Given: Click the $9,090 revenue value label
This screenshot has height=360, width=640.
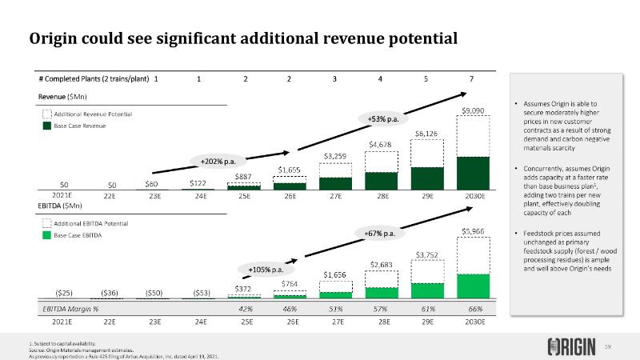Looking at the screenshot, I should pos(473,110).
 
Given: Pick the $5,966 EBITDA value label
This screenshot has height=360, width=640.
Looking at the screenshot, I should pos(473,231).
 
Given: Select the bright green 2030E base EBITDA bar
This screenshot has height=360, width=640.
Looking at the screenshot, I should pos(473,286).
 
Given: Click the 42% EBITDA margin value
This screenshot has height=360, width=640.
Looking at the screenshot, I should pos(246,308).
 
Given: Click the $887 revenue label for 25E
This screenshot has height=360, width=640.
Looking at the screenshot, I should pos(246,176).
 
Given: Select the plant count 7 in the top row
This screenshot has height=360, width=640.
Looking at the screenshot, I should pos(473,78).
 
